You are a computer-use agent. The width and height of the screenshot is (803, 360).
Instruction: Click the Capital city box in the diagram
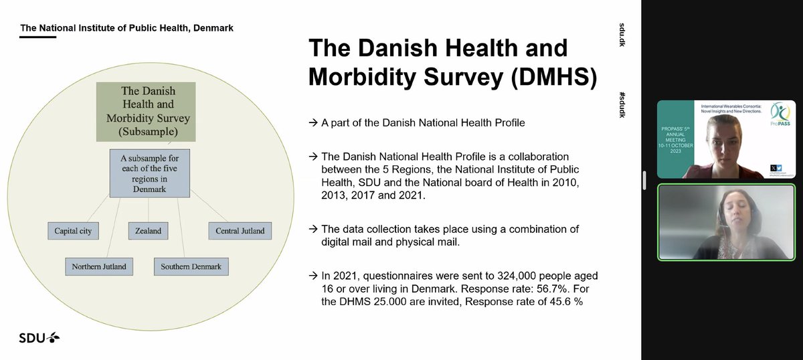point(73,232)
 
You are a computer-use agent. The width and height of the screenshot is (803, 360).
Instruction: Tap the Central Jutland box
point(240,232)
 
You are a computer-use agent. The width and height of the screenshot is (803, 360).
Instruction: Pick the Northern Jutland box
point(98,267)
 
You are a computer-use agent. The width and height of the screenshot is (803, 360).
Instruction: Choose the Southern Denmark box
point(191,267)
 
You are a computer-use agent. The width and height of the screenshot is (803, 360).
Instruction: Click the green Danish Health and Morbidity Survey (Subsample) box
point(147,111)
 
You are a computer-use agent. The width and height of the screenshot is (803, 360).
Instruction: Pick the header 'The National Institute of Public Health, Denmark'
point(127,28)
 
